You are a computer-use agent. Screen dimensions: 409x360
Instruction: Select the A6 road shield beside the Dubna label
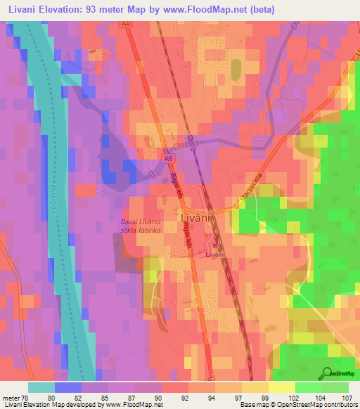click(169, 159)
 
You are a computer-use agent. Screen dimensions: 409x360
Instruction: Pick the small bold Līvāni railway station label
click(214, 254)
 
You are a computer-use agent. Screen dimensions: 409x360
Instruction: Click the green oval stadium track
click(235, 68)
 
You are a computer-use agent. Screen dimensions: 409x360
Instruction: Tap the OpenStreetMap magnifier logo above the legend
click(328, 372)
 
